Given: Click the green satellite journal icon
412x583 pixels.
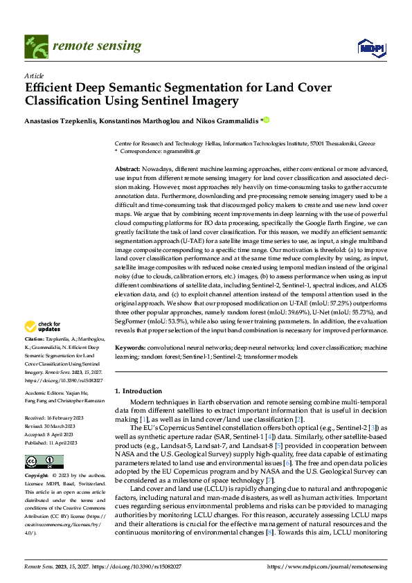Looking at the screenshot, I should click(x=35, y=45).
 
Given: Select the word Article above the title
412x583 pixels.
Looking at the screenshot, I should click(x=34, y=75).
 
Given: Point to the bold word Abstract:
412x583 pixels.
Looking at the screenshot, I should click(x=127, y=169).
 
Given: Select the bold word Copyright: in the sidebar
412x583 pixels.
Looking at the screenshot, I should click(x=37, y=457).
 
